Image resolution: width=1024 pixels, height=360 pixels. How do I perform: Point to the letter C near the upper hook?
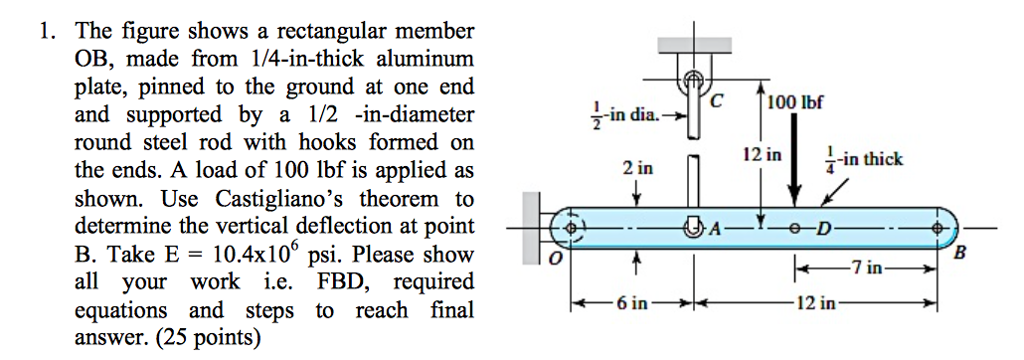(716, 99)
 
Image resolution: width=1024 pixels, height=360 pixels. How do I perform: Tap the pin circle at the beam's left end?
(571, 227)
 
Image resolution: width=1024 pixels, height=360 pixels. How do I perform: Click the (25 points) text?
(205, 338)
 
